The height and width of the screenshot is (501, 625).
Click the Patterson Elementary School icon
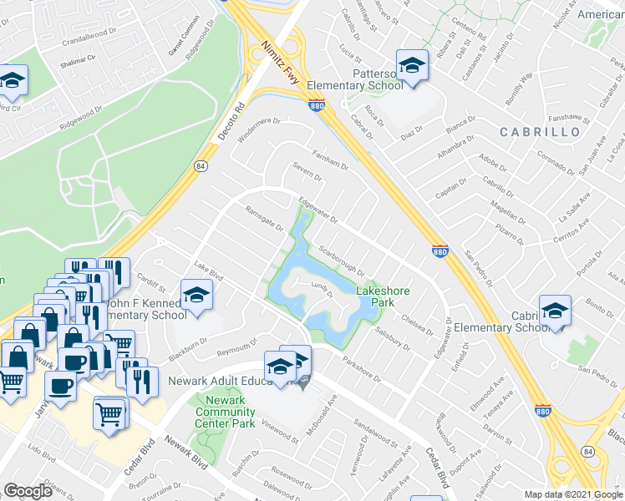click(411, 65)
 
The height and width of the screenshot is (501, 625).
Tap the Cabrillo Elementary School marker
click(555, 311)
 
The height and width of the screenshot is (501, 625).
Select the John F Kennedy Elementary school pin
click(197, 296)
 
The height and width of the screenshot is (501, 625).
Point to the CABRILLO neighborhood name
click(540, 132)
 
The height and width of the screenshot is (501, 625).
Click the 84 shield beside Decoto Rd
click(201, 166)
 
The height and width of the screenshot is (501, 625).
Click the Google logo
click(28, 490)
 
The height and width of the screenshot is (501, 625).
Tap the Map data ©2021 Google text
click(572, 494)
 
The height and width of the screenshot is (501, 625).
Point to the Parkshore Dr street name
click(361, 364)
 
